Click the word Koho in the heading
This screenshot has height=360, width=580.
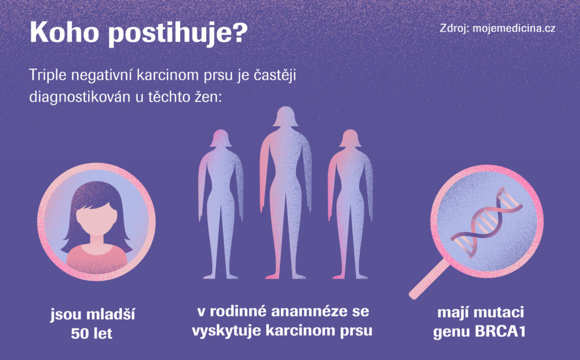64,32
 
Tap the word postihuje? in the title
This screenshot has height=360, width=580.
178,34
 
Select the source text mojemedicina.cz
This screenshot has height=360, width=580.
514,28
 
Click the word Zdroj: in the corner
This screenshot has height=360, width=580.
454,29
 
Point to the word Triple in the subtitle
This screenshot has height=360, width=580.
48,76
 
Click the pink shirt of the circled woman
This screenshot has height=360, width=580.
96,258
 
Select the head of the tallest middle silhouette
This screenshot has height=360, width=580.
285,116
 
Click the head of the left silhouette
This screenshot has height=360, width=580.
220,138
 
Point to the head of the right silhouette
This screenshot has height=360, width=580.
350,138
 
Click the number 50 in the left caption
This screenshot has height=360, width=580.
79,334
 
